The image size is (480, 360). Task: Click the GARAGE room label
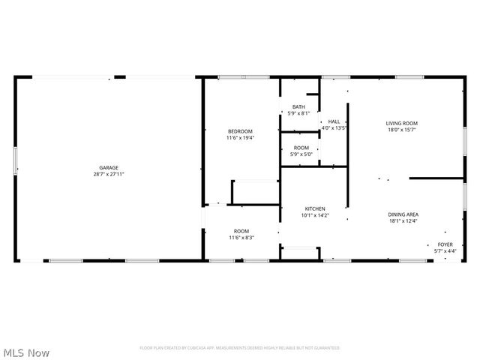coord(109,167)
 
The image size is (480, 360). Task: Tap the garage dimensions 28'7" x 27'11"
coord(109,174)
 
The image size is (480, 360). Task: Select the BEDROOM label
coord(240,131)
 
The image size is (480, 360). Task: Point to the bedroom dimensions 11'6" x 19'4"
coord(240,138)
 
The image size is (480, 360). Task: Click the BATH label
coord(298,106)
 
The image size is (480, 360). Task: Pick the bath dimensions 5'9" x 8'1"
coord(298,113)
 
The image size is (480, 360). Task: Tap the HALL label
coord(334,121)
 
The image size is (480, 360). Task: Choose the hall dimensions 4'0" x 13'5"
coord(334,128)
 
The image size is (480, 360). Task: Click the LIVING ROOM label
coord(402,123)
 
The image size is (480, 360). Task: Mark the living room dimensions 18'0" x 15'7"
coord(402,130)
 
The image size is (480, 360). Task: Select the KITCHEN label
coord(315,208)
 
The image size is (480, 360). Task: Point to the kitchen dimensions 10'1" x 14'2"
coord(315,215)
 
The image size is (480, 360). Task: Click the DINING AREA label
coord(403,214)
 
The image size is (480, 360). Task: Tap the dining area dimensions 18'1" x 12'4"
coord(403,220)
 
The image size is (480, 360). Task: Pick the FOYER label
coord(445,244)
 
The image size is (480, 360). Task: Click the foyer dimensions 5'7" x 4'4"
coord(445,251)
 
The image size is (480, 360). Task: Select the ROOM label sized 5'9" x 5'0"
coord(301,148)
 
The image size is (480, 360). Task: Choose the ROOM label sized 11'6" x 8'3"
coord(241,230)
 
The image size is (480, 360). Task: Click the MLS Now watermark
coord(26,352)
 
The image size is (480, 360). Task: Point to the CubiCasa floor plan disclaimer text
coord(240,348)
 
